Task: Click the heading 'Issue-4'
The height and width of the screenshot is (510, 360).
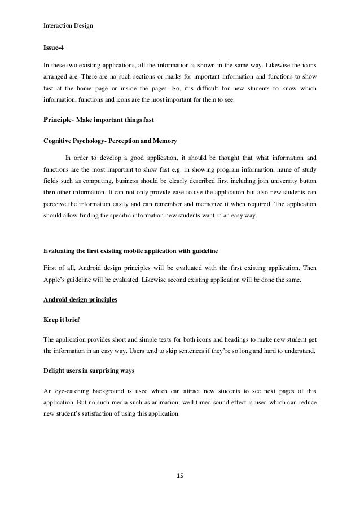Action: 54,49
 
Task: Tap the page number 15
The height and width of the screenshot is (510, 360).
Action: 179,476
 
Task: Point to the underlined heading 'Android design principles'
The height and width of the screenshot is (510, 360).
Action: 80,299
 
